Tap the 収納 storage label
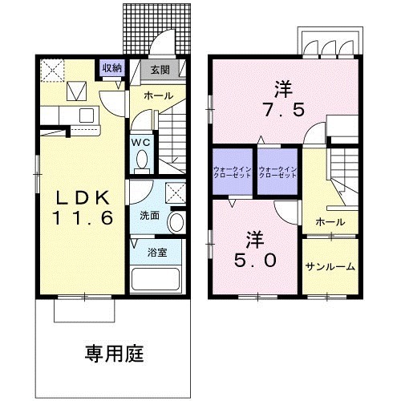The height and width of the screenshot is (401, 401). click(111, 67)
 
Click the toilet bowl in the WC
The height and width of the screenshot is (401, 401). click(141, 160)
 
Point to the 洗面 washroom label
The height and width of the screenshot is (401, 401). click(149, 216)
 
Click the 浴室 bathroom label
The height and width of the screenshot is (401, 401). click(156, 253)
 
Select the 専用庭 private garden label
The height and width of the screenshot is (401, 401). click(115, 352)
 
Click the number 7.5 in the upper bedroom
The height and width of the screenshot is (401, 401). click(281, 109)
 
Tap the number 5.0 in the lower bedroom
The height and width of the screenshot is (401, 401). click(256, 260)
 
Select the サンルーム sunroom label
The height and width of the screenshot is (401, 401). click(330, 266)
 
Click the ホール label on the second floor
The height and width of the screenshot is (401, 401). click(330, 222)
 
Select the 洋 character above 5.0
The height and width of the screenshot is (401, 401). click(256, 238)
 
